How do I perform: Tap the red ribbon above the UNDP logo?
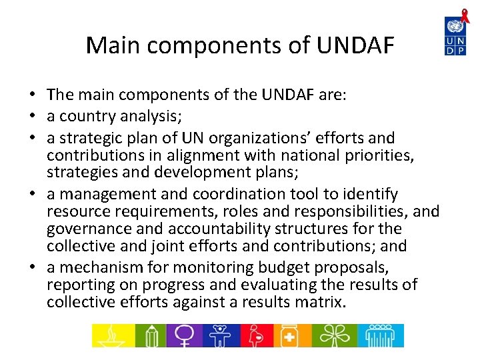pos(465,15)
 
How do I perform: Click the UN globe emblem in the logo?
pos(455,27)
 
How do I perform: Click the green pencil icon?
pos(150,335)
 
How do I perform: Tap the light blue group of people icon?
pos(381,335)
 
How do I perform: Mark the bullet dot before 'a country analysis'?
pos(33,117)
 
